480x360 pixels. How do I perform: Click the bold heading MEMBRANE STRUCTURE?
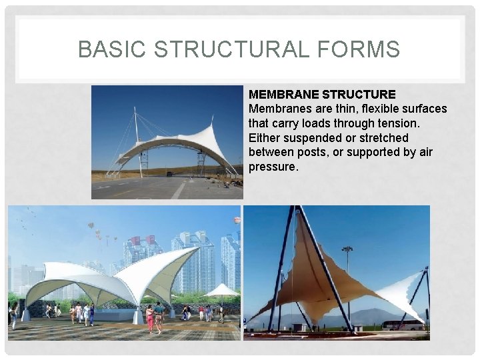pyautogui.click(x=322, y=95)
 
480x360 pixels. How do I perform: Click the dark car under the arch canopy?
pyautogui.click(x=169, y=173)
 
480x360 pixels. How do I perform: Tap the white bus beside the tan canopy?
pyautogui.click(x=403, y=325)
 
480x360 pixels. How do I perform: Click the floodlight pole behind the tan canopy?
pyautogui.click(x=347, y=273)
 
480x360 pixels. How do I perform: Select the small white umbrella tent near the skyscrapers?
pyautogui.click(x=222, y=291)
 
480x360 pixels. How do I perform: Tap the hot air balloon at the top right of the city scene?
pyautogui.click(x=236, y=220)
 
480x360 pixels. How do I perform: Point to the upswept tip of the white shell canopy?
pyautogui.click(x=196, y=249)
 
